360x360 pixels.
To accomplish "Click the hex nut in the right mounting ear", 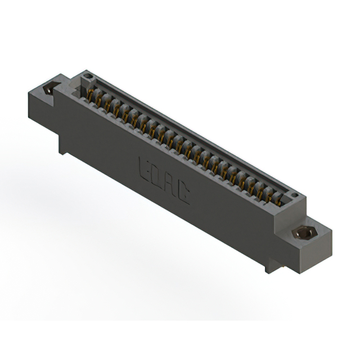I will pos(305,232).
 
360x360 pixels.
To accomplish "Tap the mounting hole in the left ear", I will pos(49,88).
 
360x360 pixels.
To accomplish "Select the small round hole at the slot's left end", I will pos(87,77).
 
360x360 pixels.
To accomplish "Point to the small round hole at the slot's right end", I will pos(293,196).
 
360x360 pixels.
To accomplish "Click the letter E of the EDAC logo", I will pos(144,167).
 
